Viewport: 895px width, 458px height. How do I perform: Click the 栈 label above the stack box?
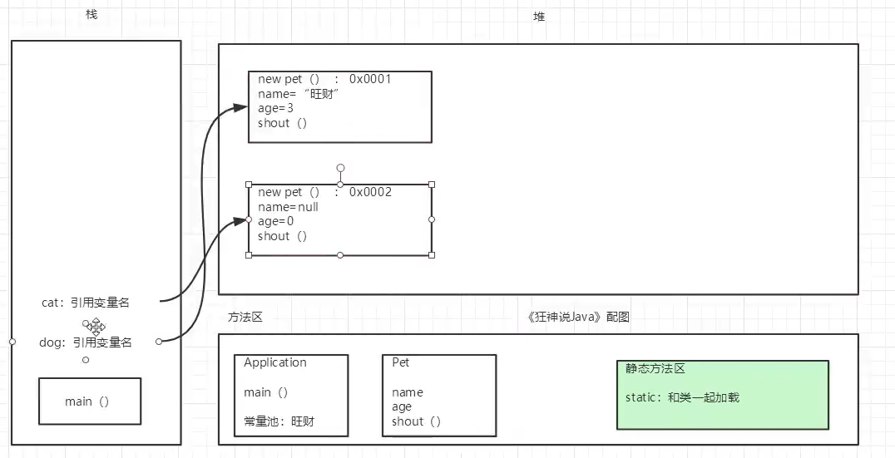pos(91,15)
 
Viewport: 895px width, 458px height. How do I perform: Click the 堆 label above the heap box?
pos(539,16)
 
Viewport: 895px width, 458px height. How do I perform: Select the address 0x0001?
pos(370,79)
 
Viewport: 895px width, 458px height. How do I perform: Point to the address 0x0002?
pos(370,192)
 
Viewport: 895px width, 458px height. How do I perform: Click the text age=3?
pos(276,108)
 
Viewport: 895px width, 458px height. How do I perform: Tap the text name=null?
pos(288,206)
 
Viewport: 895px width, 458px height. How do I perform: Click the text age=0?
pos(276,221)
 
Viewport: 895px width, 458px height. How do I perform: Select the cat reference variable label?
pos(85,303)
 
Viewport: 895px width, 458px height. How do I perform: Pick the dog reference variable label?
pos(86,342)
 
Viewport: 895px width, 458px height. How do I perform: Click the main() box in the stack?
pos(89,401)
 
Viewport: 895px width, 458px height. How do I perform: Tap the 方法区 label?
pos(245,317)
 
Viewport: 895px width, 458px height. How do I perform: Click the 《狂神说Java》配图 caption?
pos(579,317)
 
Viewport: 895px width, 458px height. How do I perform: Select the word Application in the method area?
pos(275,362)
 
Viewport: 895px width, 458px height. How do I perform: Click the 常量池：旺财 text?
pos(279,421)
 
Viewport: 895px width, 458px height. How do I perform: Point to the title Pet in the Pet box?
pos(401,362)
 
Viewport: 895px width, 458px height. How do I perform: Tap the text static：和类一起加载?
pos(682,397)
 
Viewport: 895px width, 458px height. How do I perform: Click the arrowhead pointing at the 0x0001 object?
pos(241,106)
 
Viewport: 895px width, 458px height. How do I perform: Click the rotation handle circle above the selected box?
pos(340,168)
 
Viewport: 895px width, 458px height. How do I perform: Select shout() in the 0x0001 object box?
pos(283,123)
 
